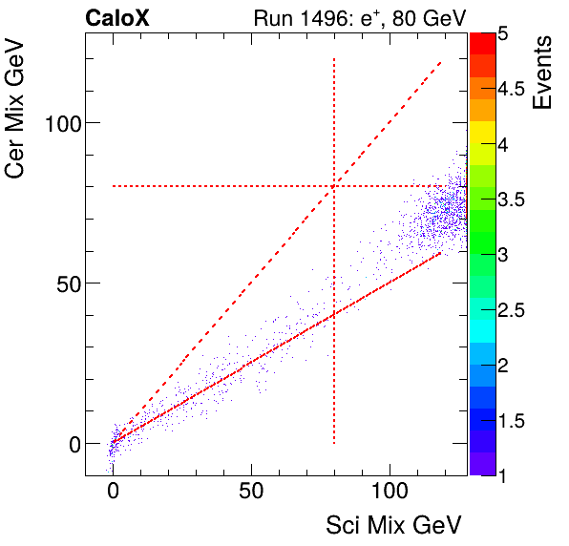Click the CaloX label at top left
116,18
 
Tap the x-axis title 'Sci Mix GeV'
394,524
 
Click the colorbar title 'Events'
543,73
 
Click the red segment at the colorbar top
482,43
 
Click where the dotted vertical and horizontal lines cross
334,186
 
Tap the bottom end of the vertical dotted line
334,443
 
